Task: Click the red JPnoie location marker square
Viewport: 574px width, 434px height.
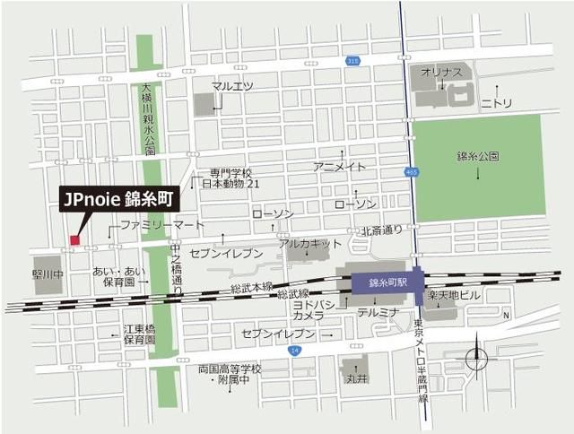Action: pyautogui.click(x=74, y=239)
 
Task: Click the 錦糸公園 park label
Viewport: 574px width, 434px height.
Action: pyautogui.click(x=477, y=156)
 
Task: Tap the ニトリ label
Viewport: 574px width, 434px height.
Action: pyautogui.click(x=496, y=103)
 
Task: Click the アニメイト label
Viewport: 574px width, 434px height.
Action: pyautogui.click(x=340, y=167)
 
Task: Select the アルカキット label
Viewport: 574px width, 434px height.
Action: pyautogui.click(x=310, y=243)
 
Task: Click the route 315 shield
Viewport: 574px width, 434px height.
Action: pyautogui.click(x=353, y=60)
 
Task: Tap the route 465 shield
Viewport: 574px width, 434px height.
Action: pyautogui.click(x=412, y=170)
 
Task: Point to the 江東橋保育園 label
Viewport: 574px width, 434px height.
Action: pyautogui.click(x=139, y=334)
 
